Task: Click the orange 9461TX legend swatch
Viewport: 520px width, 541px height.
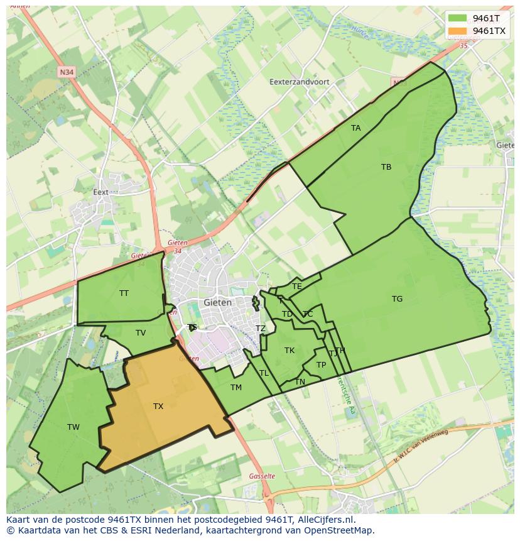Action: tap(458, 31)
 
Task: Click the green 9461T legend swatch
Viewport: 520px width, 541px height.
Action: tap(458, 18)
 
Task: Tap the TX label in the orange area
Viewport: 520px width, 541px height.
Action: tap(158, 407)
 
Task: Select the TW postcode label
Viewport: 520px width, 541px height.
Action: tap(73, 427)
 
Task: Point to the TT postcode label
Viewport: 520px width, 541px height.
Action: tap(124, 293)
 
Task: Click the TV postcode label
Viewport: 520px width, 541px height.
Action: tap(141, 333)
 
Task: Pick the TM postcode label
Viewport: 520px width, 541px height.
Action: tap(236, 388)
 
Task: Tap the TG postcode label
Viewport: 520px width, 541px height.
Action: tap(397, 299)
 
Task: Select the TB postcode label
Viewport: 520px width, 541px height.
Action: tap(386, 167)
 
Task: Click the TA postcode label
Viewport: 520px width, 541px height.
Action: tap(356, 128)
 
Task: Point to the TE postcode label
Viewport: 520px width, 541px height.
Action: tap(297, 287)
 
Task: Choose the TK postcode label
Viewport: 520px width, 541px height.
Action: tap(290, 351)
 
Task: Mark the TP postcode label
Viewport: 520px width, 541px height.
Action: tap(322, 365)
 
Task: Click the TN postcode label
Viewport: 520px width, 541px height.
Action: tap(300, 382)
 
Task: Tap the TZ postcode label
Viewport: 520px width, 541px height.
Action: tap(261, 329)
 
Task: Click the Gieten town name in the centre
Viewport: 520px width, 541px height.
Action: tap(218, 302)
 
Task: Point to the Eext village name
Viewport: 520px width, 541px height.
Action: tap(100, 192)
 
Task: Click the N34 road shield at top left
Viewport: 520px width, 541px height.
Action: tap(66, 72)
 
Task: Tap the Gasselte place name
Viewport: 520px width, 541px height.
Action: tap(262, 476)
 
